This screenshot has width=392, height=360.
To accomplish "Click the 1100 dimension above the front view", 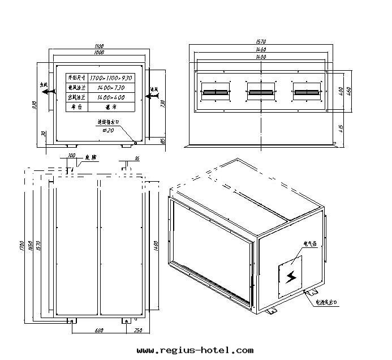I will point(100,46).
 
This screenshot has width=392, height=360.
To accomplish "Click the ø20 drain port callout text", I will point(108,130).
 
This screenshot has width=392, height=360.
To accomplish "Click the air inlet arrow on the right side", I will point(151,96).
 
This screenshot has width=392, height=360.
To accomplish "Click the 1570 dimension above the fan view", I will point(261,42).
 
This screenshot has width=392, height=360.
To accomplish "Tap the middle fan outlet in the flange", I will point(261,91).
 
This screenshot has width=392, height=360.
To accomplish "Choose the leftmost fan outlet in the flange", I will point(216,91).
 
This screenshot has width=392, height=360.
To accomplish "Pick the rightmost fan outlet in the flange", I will point(307,91).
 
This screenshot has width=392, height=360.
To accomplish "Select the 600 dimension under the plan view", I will point(99,331).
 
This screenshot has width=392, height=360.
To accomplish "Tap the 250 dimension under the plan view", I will point(138,331).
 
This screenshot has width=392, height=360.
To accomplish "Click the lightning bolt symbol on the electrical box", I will point(291,276).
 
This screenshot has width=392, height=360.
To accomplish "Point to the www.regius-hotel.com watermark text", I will point(195,350).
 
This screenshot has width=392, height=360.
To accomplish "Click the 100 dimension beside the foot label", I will point(71,155).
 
